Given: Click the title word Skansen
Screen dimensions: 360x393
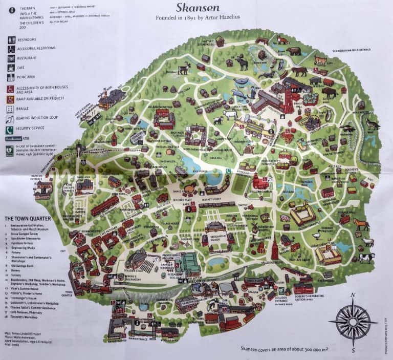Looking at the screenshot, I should pos(198,8).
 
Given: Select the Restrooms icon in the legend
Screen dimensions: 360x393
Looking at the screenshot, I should pos(11,39).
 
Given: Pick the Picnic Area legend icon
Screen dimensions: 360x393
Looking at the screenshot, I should pos(11,78).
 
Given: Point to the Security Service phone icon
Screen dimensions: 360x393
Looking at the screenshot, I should pos(11,128).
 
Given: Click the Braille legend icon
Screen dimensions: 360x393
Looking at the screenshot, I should pos(11,108).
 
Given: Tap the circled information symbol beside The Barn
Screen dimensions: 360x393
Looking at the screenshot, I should pos(10,9).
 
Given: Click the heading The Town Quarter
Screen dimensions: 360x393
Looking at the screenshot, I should pos(26,219).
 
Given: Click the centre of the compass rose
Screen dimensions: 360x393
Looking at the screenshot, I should pos(353,322).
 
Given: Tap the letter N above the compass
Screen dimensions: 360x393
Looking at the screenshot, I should pos(353,295).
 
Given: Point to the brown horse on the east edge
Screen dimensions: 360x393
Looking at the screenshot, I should pos(361,224).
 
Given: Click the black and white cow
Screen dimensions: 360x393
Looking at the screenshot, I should pos(366,258).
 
